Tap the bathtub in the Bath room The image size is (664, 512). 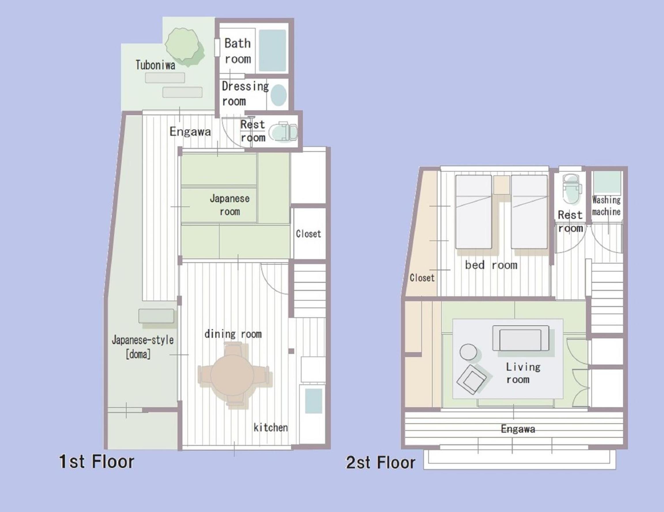(272, 50)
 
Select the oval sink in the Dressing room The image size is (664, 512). (279, 94)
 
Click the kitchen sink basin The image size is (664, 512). (313, 401)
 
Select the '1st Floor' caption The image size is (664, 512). (96, 462)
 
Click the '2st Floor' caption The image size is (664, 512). (381, 462)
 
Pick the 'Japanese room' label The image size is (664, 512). (230, 205)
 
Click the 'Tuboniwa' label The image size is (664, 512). (155, 65)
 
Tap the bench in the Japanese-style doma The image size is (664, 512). (156, 316)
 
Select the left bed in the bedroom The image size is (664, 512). (474, 212)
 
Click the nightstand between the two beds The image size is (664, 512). (501, 185)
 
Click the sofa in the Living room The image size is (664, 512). (520, 338)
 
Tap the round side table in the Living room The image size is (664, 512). (468, 352)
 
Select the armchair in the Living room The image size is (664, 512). (471, 380)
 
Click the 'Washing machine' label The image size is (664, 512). (606, 206)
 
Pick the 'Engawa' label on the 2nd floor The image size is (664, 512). (518, 429)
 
